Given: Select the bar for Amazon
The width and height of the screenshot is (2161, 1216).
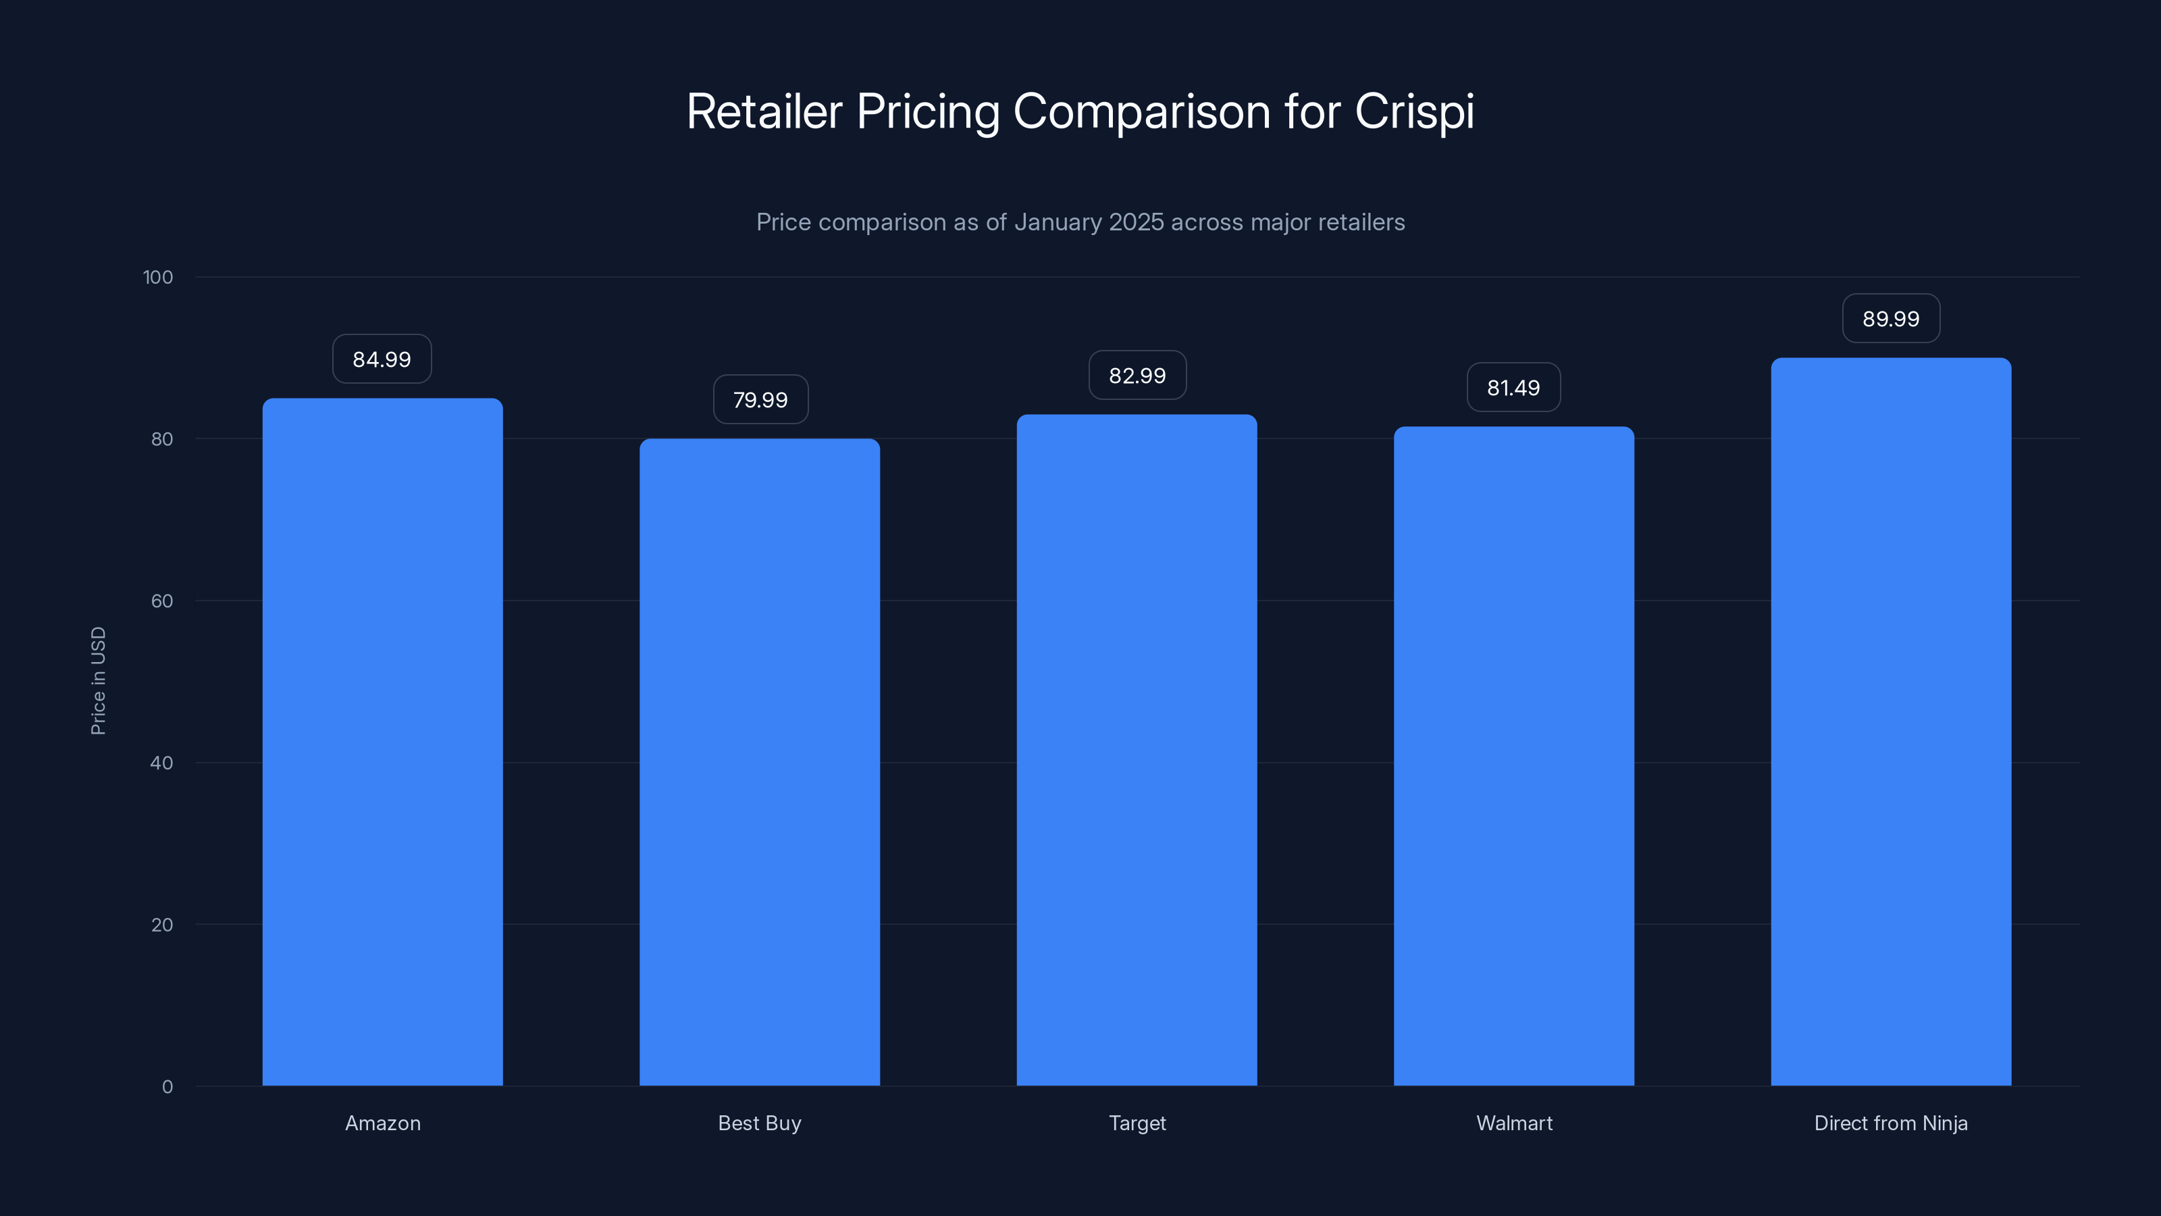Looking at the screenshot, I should [382, 742].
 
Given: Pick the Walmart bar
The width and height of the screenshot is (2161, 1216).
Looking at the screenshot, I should [1513, 755].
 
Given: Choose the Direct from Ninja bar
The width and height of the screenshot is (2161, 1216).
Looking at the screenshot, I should [1891, 721].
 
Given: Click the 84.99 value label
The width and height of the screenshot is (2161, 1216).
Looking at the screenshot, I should [382, 359].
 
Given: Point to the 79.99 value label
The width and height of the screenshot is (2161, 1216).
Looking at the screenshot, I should [760, 399].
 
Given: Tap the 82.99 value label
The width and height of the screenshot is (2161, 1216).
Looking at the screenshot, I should [1137, 375].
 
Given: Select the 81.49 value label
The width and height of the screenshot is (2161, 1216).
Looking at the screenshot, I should [1513, 388].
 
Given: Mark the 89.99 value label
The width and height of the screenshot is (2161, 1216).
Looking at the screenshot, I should [1891, 319].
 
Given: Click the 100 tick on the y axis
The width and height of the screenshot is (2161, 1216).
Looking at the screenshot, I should [158, 277].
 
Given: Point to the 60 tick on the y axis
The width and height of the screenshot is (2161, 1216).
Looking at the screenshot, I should [162, 601].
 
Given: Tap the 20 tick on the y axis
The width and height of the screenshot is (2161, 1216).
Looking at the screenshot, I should [162, 925].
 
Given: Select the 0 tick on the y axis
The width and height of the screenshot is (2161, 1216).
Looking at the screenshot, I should [167, 1087].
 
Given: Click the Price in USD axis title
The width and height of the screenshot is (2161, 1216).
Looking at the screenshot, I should [98, 680].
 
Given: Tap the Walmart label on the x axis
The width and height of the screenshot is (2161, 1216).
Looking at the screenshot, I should [1513, 1123].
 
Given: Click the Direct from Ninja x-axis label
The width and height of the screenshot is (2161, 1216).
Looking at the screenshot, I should [1891, 1123].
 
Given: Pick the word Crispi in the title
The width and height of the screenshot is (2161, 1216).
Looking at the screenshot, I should [1414, 111].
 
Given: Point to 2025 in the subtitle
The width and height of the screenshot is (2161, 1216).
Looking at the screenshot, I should [1136, 222].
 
